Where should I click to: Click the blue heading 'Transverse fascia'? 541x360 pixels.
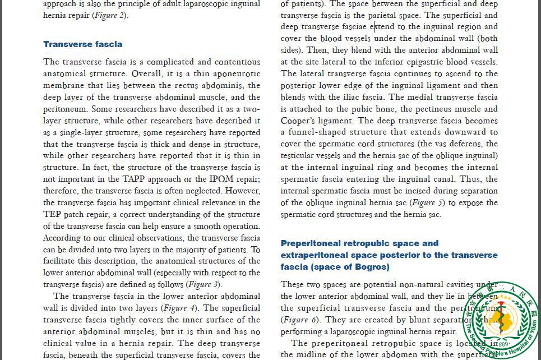pos(82,44)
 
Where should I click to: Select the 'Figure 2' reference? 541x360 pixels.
pos(110,15)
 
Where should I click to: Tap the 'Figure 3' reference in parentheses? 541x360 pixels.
pos(203,284)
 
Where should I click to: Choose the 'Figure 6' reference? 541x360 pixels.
pos(300,320)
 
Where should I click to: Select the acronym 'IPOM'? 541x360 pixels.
pos(220,179)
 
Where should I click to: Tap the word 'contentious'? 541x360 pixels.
pos(237,62)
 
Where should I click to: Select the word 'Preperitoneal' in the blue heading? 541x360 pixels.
pos(312,243)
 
